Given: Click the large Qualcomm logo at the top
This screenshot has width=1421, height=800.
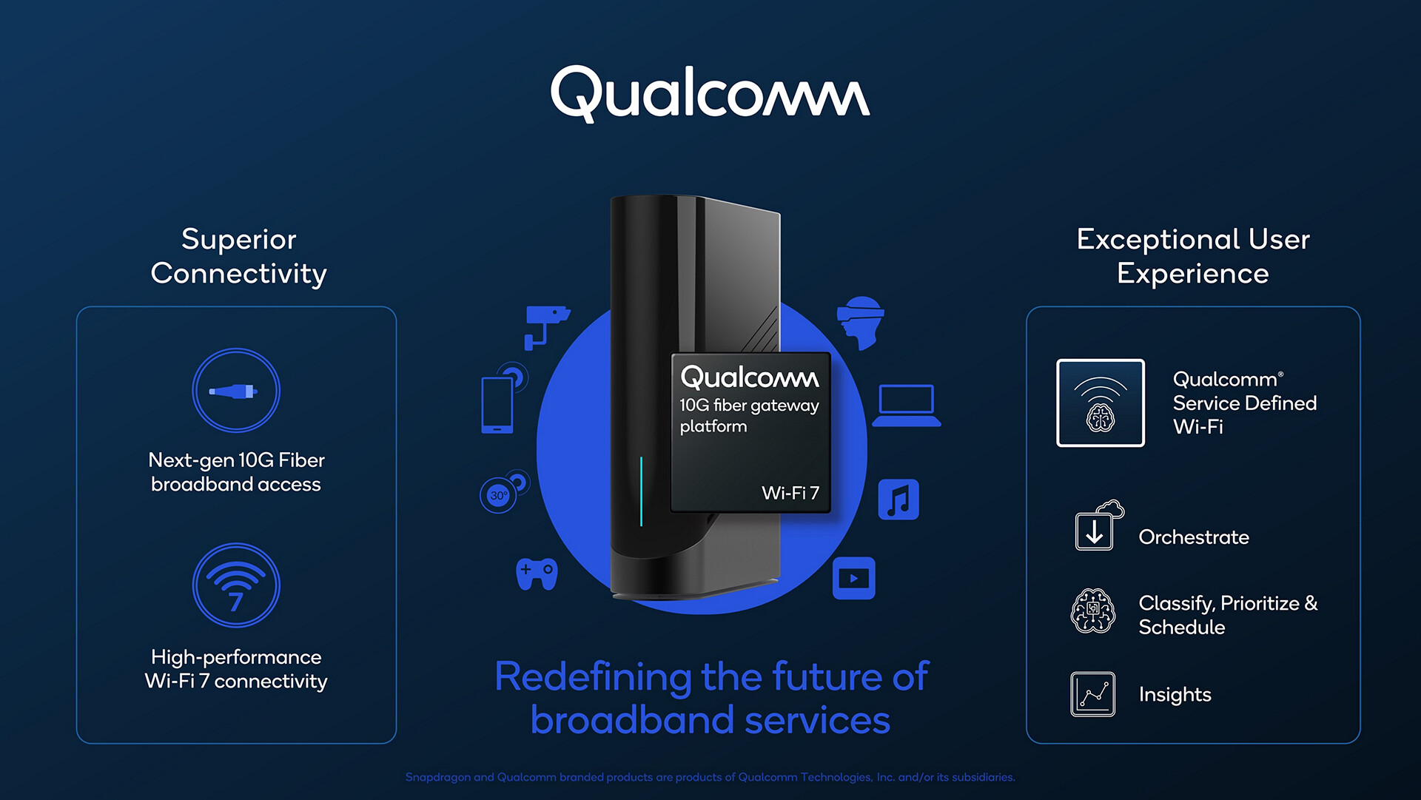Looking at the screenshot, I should (x=710, y=94).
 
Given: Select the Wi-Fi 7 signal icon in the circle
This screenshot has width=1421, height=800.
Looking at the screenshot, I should (x=235, y=585).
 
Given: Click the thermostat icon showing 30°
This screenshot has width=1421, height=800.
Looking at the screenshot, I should (x=500, y=495).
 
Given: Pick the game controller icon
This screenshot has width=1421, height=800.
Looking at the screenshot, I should (x=537, y=574).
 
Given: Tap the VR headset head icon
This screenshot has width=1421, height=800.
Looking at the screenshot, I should (x=861, y=323).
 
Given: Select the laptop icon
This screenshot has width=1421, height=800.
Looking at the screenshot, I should (x=906, y=406).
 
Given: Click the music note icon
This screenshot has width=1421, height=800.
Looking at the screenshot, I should (x=898, y=500).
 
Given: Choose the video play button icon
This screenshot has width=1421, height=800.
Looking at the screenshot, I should (x=853, y=578).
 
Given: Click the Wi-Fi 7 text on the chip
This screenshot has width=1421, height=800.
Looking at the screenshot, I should (x=790, y=493).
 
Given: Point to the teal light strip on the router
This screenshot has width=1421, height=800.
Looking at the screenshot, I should (x=641, y=491).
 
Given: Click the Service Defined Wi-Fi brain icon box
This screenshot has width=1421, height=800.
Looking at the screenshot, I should (x=1101, y=403).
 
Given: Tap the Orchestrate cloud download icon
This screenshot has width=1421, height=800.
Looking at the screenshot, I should (x=1098, y=527).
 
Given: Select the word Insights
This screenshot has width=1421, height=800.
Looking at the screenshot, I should (x=1175, y=694).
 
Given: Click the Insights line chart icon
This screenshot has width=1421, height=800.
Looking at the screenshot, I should (x=1092, y=694).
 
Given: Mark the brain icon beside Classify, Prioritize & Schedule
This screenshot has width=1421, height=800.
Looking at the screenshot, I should (x=1092, y=611).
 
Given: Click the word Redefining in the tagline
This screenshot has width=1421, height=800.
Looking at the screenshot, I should (x=592, y=677).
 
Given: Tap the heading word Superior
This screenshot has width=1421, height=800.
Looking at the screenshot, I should (x=238, y=239).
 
